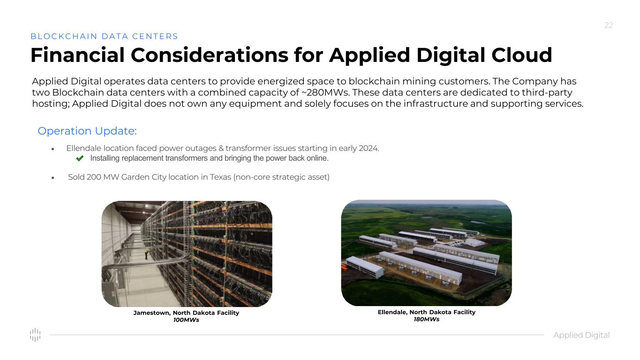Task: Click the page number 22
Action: pyautogui.click(x=609, y=25)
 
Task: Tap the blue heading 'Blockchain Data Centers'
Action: pyautogui.click(x=104, y=36)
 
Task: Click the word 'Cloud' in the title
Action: pyautogui.click(x=522, y=55)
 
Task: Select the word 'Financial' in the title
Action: pyautogui.click(x=78, y=55)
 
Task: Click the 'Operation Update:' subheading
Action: pyautogui.click(x=87, y=131)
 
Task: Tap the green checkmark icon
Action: pyautogui.click(x=80, y=158)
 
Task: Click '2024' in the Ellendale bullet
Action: pyautogui.click(x=369, y=148)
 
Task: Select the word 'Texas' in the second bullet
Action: pyautogui.click(x=220, y=177)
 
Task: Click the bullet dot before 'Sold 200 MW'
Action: pyautogui.click(x=53, y=178)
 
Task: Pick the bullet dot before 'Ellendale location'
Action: pyautogui.click(x=53, y=149)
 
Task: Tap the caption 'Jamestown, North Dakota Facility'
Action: pyautogui.click(x=186, y=313)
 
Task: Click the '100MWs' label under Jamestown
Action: pyautogui.click(x=186, y=320)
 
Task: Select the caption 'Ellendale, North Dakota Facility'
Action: pyautogui.click(x=427, y=312)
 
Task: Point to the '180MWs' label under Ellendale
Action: pyautogui.click(x=427, y=319)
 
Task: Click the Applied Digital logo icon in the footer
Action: pyautogui.click(x=35, y=335)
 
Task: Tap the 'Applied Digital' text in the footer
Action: pyautogui.click(x=581, y=335)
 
